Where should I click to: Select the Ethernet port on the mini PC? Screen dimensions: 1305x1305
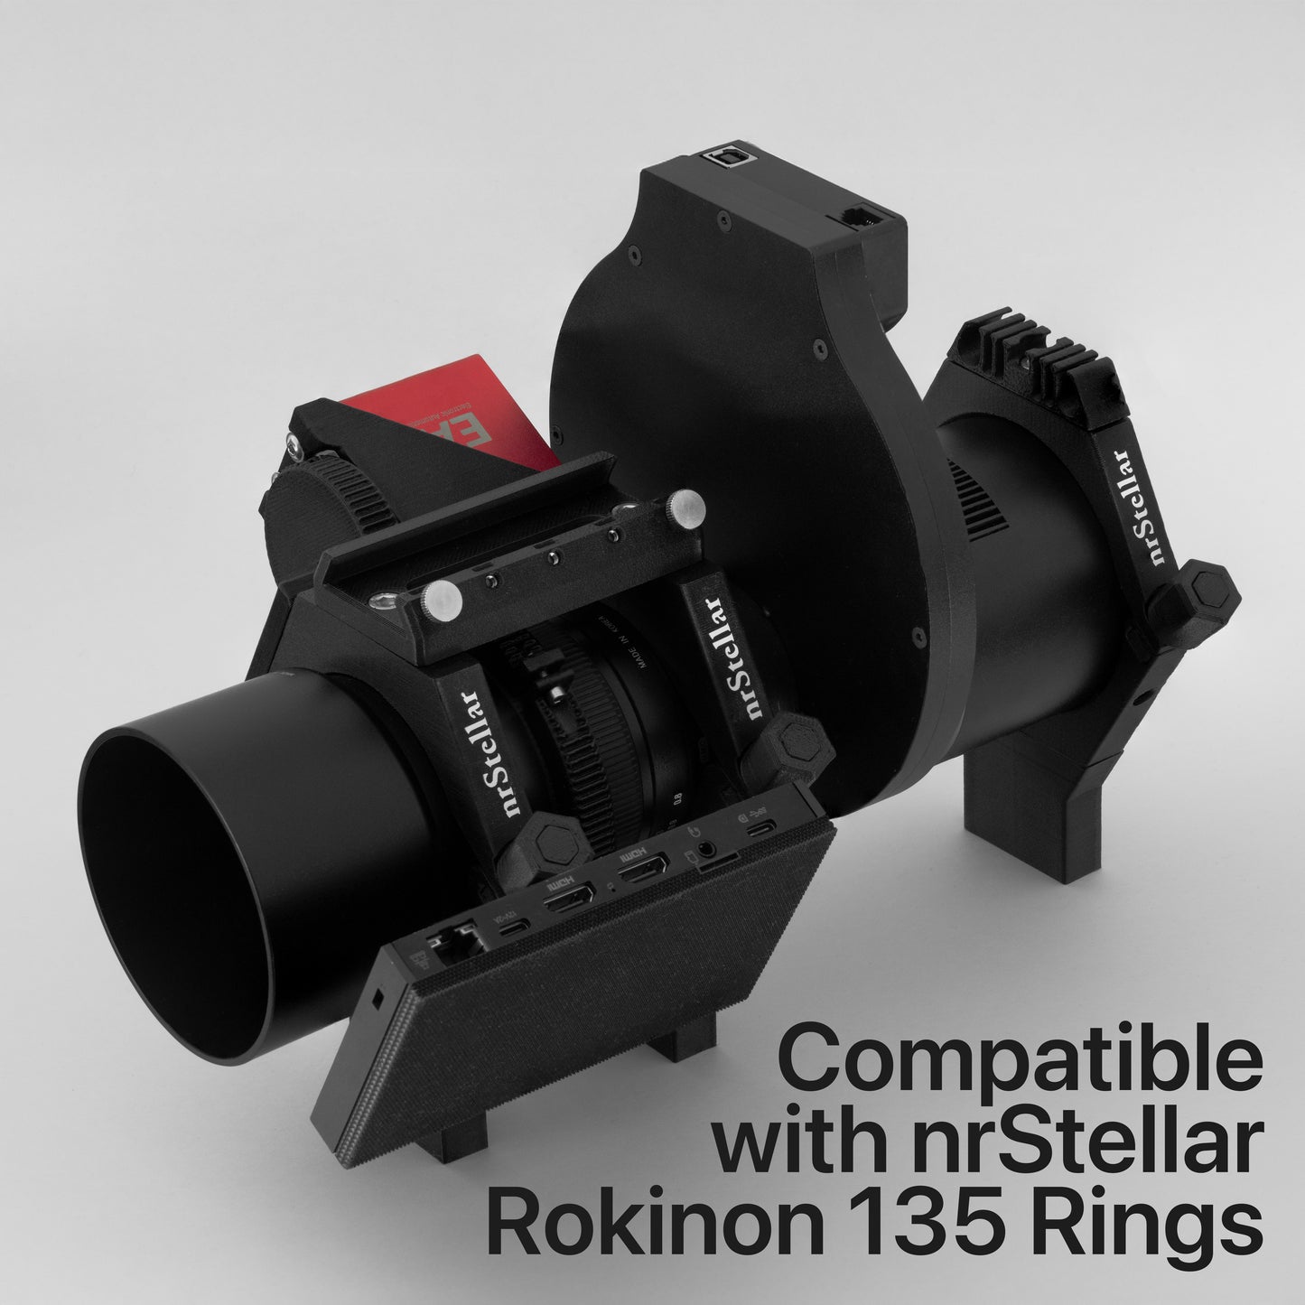pos(446,943)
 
